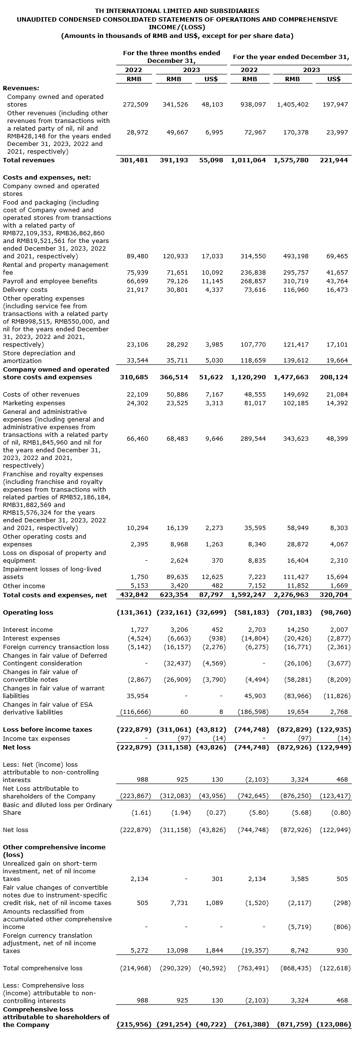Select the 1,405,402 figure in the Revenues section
pyautogui.click(x=292, y=104)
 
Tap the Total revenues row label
pyautogui.click(x=29, y=160)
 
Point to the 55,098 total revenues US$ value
pyautogui.click(x=211, y=160)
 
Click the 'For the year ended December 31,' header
pyautogui.click(x=290, y=57)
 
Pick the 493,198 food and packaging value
pyautogui.click(x=296, y=256)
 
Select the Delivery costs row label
pyautogui.click(x=25, y=290)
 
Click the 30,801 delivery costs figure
pyautogui.click(x=177, y=290)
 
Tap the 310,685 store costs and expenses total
pyautogui.click(x=134, y=377)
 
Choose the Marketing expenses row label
pyautogui.click(x=34, y=403)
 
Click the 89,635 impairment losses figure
pyautogui.click(x=177, y=577)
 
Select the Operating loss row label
pyautogui.click(x=28, y=612)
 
